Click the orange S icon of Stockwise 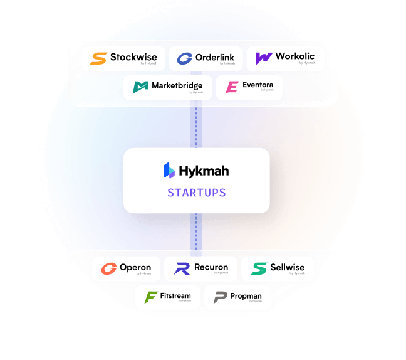point(98,58)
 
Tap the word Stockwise point(133,57)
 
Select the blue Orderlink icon point(184,58)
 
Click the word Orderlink point(215,57)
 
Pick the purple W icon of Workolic point(264,58)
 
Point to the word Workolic point(295,56)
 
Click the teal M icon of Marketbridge point(140,87)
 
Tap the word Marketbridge point(178,86)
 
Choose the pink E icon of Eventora point(232,87)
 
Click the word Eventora point(258,85)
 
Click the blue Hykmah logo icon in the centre point(169,170)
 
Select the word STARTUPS point(196,193)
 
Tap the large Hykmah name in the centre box point(204,170)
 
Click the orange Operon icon point(109,268)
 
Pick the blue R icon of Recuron point(182,268)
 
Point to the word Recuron point(211,267)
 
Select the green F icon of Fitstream point(151,297)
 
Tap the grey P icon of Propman point(220,297)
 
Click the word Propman point(246,295)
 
